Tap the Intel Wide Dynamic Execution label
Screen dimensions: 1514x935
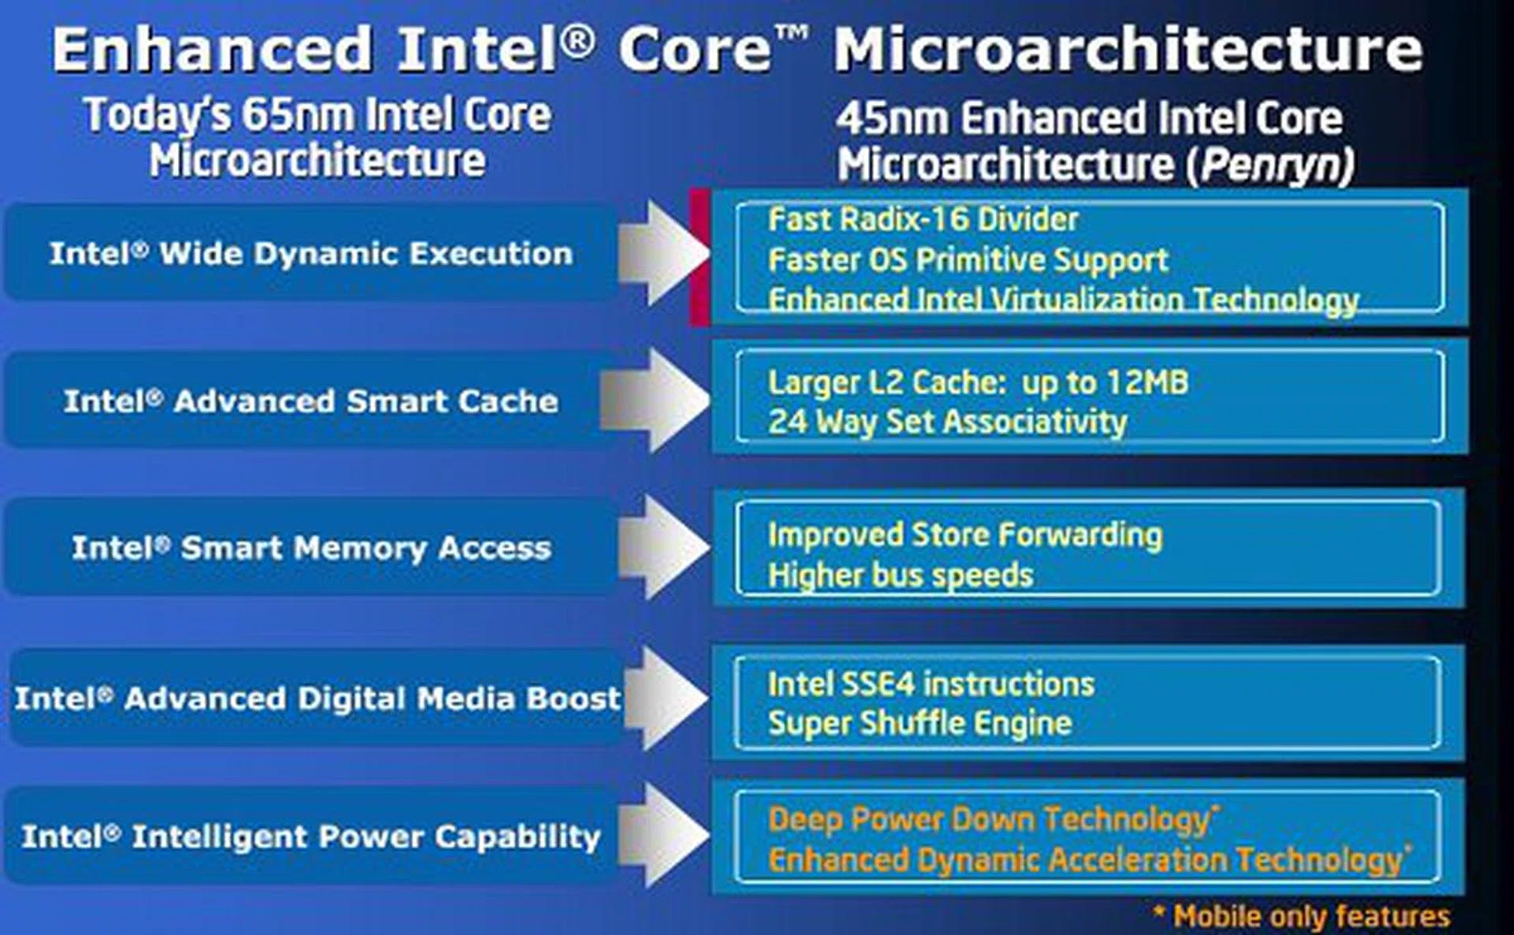[311, 254]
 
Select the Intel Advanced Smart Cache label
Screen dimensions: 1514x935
[311, 401]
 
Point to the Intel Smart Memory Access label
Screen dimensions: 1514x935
[311, 548]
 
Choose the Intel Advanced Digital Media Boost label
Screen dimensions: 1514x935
[317, 698]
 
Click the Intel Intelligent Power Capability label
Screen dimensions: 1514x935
[311, 837]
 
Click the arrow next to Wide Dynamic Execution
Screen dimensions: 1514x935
[664, 253]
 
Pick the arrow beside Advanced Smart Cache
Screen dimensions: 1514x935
[654, 400]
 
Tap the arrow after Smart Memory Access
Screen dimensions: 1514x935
[664, 547]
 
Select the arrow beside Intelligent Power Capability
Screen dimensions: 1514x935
[664, 835]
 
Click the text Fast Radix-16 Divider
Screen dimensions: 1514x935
[923, 219]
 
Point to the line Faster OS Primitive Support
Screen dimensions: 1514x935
[968, 260]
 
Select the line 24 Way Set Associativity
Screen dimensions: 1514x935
[947, 422]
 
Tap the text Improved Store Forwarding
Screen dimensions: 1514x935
[964, 535]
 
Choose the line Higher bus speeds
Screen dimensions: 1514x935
[900, 576]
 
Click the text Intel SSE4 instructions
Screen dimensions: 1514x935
[930, 684]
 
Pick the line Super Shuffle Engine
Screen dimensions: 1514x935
[919, 724]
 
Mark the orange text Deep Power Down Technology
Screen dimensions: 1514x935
[993, 820]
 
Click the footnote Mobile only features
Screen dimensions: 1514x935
[1301, 916]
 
